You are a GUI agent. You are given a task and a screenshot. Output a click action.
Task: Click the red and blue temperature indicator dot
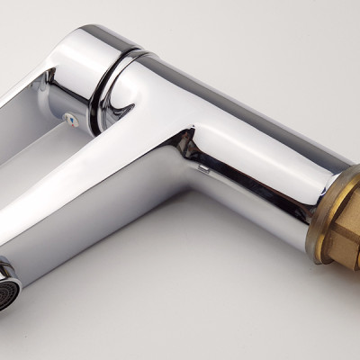68,117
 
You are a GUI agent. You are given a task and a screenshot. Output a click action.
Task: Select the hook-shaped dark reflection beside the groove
112,108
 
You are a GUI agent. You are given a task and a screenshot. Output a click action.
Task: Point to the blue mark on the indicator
70,118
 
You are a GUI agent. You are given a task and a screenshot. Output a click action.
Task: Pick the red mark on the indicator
67,116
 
